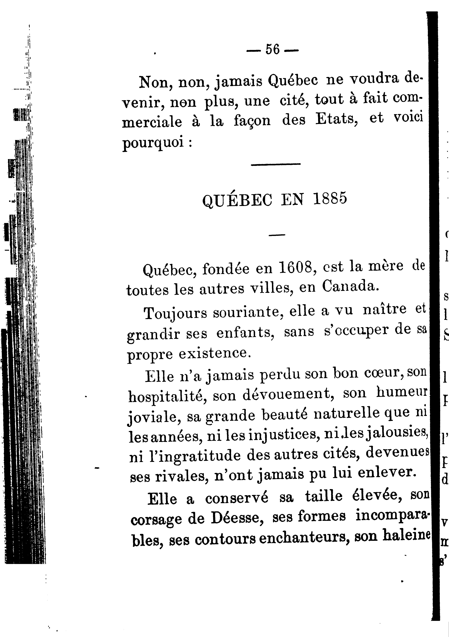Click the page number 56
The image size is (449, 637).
coord(272,50)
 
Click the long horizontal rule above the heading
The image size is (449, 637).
coord(275,164)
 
